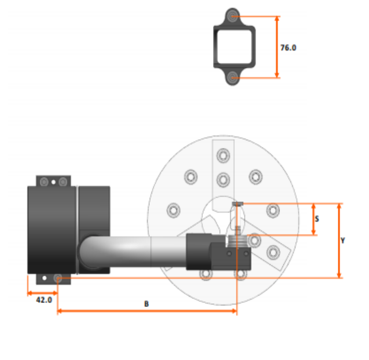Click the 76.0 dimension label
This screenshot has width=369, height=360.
[x=288, y=47]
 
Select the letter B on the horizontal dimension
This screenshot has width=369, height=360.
[x=146, y=303]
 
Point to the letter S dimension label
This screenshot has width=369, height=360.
[x=317, y=218]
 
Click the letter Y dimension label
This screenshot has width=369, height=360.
[x=343, y=241]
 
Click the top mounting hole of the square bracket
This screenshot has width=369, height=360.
[x=233, y=17]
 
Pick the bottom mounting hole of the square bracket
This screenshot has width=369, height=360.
[x=233, y=78]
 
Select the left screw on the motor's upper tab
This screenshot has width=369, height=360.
[x=43, y=181]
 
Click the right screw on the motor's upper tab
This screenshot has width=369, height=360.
[x=63, y=181]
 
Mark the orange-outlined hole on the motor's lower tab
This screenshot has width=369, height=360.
[x=58, y=278]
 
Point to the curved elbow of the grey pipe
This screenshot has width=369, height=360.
[x=90, y=250]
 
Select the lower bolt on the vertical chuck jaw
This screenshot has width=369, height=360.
[x=224, y=179]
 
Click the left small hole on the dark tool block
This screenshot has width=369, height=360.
[x=228, y=254]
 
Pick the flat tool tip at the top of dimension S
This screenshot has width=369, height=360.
[x=237, y=203]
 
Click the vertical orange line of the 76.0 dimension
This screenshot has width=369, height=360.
[x=277, y=47]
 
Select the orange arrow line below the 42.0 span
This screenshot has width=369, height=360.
[x=43, y=293]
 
